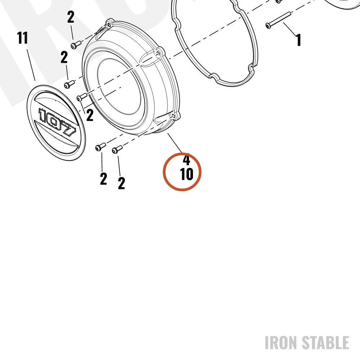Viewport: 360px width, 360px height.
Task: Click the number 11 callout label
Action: click(22, 38)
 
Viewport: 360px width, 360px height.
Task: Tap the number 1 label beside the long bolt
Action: click(298, 40)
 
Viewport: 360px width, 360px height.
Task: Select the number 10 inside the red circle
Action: click(186, 174)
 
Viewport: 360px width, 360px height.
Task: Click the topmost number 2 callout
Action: click(71, 17)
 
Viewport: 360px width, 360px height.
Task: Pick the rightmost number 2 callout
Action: click(121, 183)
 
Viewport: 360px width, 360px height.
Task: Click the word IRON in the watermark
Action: click(281, 343)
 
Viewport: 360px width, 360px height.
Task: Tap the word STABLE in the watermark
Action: click(325, 343)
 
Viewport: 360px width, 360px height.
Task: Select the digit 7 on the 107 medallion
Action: click(68, 130)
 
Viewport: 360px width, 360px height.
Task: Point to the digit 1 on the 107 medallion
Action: click(43, 115)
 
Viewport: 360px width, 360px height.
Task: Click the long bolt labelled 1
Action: click(278, 21)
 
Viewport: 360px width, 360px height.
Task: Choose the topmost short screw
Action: click(76, 45)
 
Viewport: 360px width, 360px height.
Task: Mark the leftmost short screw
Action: click(69, 84)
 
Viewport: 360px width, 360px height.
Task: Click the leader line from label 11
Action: click(31, 65)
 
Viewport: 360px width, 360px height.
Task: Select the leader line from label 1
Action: click(289, 30)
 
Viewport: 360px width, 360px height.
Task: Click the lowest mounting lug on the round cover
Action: click(175, 116)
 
